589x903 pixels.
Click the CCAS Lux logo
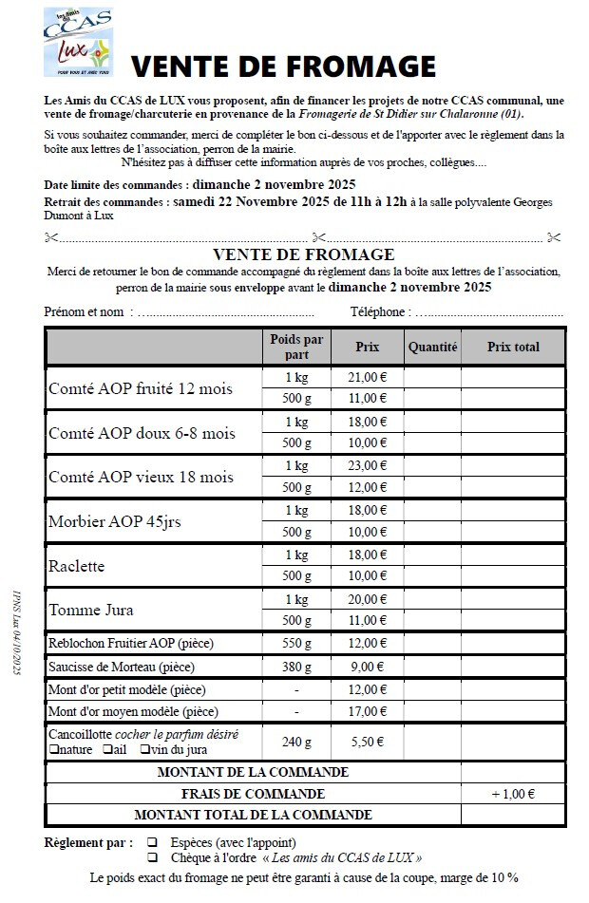(x=78, y=43)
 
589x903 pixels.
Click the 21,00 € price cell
(x=367, y=376)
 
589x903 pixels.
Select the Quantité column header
(x=432, y=348)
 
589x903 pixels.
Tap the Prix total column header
(x=513, y=348)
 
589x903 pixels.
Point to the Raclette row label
(x=76, y=567)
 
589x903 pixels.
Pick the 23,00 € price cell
(x=367, y=466)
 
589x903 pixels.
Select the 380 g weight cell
(x=296, y=667)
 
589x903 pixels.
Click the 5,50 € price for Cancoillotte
(x=367, y=742)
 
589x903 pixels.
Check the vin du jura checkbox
(x=144, y=750)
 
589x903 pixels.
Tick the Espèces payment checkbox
(x=152, y=842)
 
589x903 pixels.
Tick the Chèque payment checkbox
(x=152, y=856)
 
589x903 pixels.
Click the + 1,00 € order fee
(x=513, y=794)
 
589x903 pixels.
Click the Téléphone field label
(x=380, y=311)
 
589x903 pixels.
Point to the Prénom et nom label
(x=84, y=311)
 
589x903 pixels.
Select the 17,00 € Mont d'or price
(x=367, y=710)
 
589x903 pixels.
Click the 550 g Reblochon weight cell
(x=296, y=644)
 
